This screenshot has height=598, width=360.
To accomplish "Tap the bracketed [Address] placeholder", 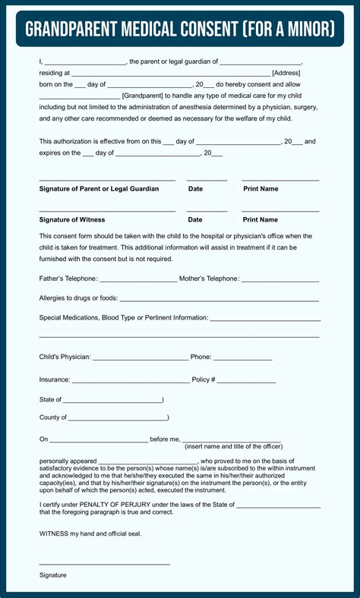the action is coord(286,73).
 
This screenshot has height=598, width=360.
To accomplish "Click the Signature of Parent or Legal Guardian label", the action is coord(99,188).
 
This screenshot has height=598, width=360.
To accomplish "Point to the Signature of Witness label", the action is coord(72,219).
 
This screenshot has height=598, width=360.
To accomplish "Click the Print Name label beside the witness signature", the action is coord(261,219).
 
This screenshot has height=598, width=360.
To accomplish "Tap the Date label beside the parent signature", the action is coord(195,188).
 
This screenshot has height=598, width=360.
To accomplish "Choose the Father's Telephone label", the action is coord(68,279).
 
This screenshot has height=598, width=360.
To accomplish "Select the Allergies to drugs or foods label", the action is coord(78,298).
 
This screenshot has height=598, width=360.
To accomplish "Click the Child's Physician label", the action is coord(65,357).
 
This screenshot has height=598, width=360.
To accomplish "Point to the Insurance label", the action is coord(55,379).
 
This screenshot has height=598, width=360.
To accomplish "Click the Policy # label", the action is coord(204,379).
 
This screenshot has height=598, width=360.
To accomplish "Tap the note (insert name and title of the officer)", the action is coord(233,446).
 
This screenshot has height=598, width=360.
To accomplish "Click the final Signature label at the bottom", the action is coord(53,575).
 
